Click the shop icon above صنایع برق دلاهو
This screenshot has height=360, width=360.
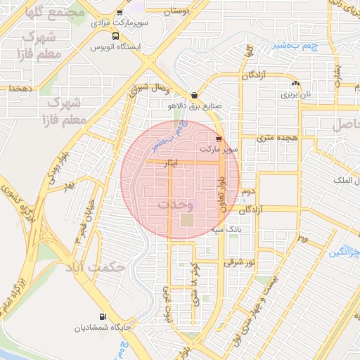point(193,96)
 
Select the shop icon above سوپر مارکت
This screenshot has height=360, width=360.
point(219,139)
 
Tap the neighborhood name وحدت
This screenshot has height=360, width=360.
point(173,205)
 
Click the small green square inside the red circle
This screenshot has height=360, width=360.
point(187,220)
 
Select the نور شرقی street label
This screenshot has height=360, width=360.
point(238,262)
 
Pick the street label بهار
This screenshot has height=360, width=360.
point(68,188)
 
